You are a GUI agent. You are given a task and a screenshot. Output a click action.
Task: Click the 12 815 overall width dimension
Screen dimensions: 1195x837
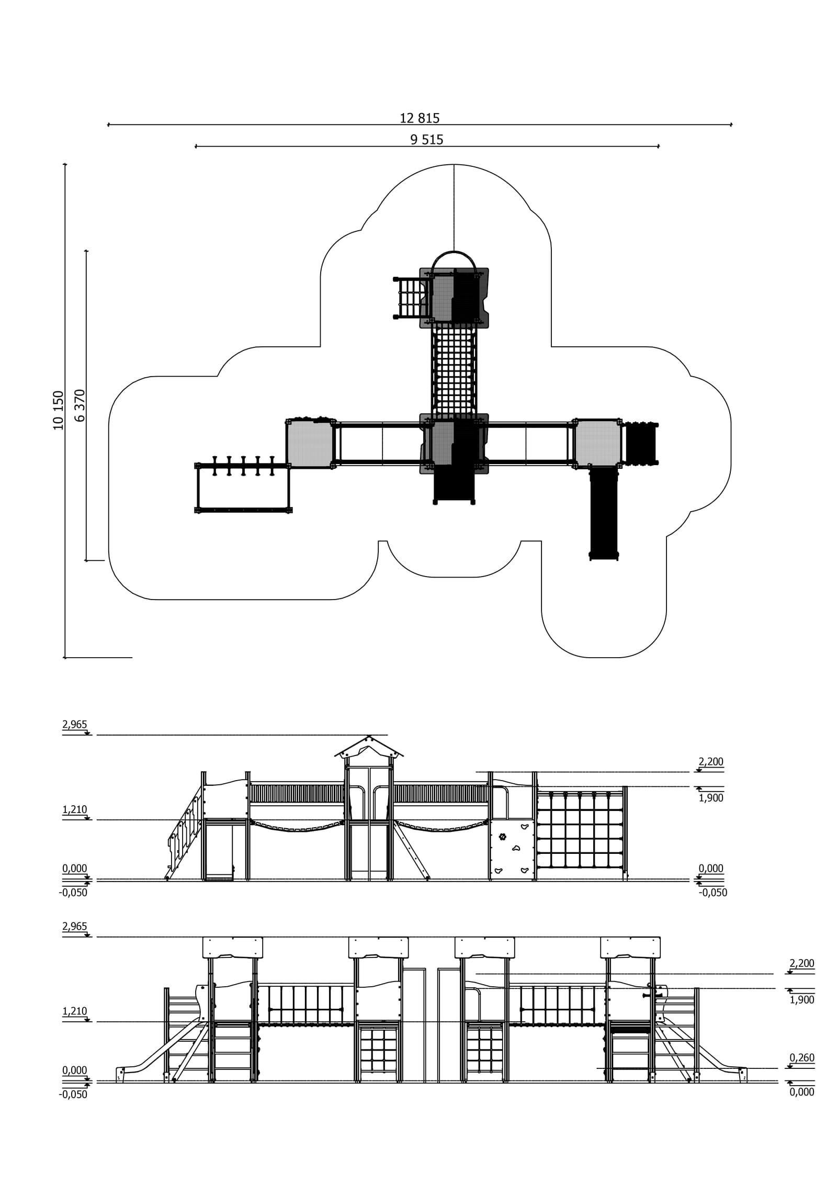coord(419,118)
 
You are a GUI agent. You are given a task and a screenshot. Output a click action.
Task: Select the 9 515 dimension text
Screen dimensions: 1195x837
coord(426,140)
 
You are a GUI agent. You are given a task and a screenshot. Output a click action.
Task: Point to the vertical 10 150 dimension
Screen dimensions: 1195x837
coord(58,410)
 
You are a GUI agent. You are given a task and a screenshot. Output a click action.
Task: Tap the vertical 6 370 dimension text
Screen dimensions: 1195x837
coord(80,405)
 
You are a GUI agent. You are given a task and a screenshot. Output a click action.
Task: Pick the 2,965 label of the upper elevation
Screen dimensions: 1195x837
coord(74,725)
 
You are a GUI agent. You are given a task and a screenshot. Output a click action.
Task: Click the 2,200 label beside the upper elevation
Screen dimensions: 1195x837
coord(710,762)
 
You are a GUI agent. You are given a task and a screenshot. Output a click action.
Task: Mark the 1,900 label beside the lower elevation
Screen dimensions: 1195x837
coord(801,1000)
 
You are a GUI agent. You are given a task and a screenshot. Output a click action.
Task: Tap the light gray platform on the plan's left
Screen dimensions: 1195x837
coord(310,444)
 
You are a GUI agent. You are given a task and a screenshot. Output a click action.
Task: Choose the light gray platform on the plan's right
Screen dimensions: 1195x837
coord(597,443)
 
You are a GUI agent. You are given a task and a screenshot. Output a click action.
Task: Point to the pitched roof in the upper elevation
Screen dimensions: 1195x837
coord(369,747)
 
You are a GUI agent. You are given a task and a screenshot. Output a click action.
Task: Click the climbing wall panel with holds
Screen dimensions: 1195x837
coord(512,848)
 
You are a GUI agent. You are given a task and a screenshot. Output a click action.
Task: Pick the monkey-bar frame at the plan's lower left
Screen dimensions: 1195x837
coord(243,488)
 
